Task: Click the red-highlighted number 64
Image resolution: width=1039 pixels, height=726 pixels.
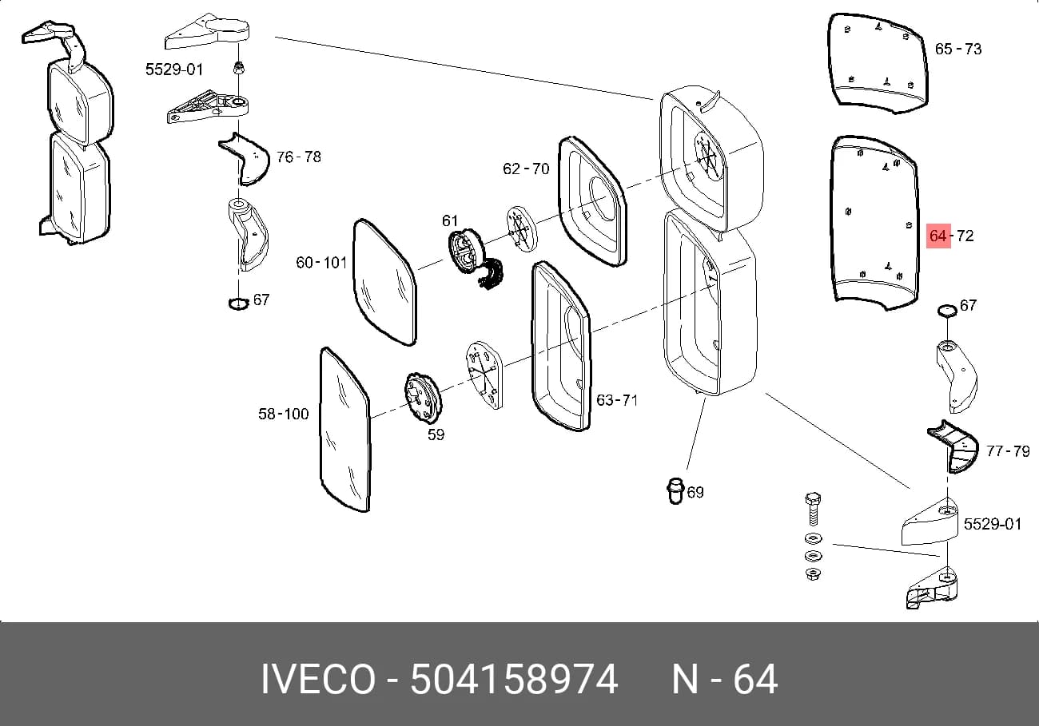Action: click(x=937, y=236)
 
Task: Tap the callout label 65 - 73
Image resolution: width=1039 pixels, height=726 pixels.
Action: click(x=958, y=50)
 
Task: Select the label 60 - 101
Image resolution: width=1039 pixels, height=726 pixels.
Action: click(x=321, y=263)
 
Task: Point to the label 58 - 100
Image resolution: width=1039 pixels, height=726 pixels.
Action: click(x=284, y=414)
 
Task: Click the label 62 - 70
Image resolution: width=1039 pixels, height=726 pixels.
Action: click(x=526, y=169)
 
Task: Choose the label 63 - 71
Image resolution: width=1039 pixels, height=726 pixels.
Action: click(x=616, y=399)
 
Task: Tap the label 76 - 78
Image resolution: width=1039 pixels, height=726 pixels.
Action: click(x=299, y=157)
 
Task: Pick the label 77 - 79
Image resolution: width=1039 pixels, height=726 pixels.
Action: click(x=1008, y=450)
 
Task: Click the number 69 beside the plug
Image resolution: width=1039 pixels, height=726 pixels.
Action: click(x=695, y=492)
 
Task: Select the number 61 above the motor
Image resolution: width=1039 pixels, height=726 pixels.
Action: click(x=449, y=220)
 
